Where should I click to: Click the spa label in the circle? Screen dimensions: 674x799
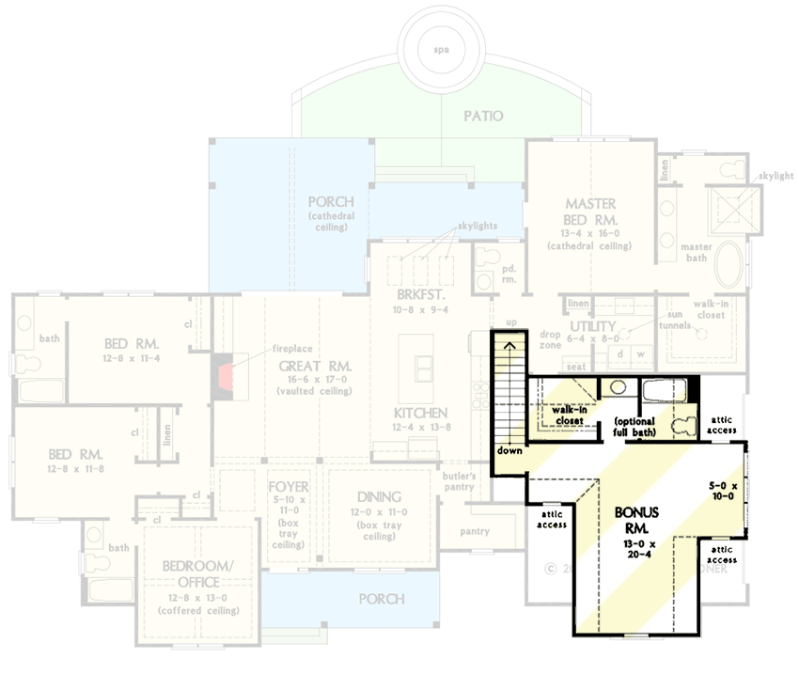[x=446, y=48]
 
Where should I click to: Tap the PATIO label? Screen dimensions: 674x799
[x=483, y=117]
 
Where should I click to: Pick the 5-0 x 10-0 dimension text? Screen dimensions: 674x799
[x=723, y=492]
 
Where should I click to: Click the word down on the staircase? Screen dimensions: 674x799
[x=510, y=450]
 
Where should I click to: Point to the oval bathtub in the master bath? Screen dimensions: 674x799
[x=730, y=267]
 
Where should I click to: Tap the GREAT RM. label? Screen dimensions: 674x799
[x=315, y=365]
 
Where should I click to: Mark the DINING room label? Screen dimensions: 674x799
[x=380, y=496]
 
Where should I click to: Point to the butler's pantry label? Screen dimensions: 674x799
[x=460, y=480]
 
